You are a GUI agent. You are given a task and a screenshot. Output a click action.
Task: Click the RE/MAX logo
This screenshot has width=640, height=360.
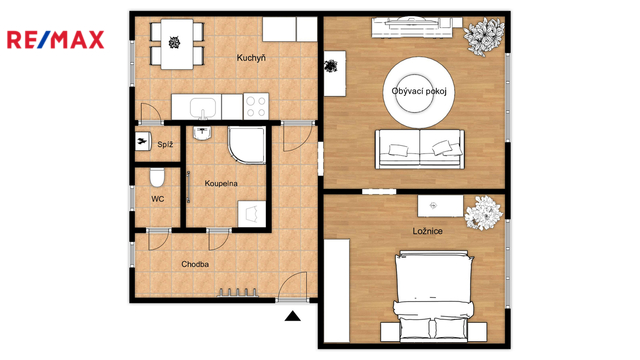56,40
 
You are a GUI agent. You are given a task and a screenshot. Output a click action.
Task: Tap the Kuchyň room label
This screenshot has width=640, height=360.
251,58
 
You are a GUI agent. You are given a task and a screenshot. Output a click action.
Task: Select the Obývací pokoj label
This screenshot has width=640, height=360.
419,91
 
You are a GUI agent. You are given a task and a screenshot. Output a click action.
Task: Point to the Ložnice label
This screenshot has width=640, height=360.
427,231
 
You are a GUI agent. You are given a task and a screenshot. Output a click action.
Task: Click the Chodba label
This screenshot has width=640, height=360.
195,264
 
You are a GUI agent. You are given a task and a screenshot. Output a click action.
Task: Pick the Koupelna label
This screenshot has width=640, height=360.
221,184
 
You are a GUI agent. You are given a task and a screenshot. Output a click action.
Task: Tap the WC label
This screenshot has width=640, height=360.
158,199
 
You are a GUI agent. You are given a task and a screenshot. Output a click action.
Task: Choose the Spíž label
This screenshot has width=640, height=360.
165,144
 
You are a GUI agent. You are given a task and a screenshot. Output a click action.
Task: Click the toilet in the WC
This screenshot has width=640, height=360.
157,177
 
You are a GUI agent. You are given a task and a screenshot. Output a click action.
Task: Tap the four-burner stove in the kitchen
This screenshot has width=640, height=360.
256,106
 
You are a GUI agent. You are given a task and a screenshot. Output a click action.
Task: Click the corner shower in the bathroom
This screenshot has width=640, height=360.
247,145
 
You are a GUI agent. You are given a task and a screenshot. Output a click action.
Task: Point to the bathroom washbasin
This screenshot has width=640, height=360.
202,133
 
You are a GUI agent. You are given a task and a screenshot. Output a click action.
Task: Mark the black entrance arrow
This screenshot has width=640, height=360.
292,316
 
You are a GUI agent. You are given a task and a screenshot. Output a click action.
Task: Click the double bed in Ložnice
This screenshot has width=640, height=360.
433,296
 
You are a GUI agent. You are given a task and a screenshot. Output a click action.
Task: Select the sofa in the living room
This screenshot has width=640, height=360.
420,149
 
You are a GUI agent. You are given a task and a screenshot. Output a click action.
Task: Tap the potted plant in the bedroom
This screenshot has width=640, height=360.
484,212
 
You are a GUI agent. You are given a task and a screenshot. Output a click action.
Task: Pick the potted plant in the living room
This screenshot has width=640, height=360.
484,37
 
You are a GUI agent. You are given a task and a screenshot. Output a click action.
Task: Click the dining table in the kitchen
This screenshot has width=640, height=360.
177,44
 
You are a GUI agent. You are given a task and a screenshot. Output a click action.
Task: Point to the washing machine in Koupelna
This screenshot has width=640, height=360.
251,213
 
